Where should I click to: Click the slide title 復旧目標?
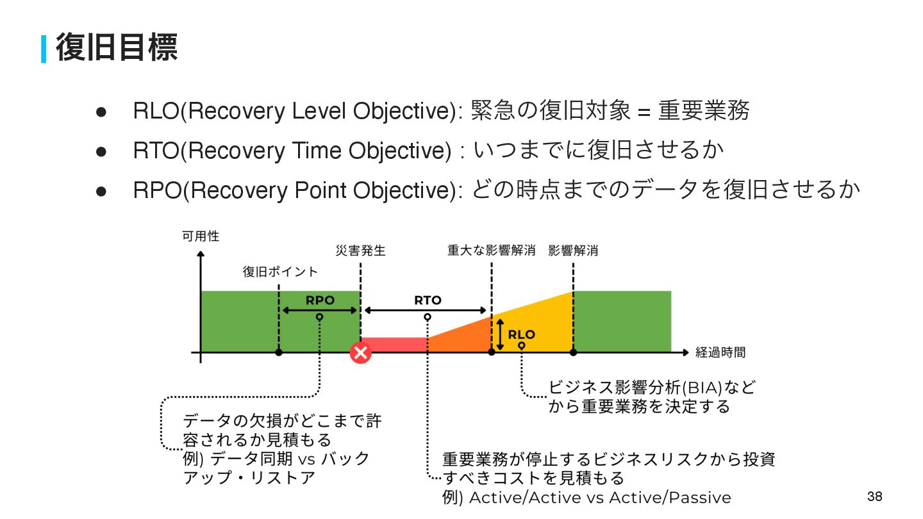[117, 48]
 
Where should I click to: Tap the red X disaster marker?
[361, 352]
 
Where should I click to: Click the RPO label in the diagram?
[320, 300]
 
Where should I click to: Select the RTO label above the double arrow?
[428, 300]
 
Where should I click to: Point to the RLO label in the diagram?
[521, 334]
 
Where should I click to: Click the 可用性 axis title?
[201, 236]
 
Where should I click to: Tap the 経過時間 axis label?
[720, 352]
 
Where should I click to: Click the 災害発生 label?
[361, 251]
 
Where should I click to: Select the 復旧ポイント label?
[280, 272]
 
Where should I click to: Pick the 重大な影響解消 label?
[491, 251]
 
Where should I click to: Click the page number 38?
[874, 497]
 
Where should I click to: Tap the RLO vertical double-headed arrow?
[500, 334]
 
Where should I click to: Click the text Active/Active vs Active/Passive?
[600, 498]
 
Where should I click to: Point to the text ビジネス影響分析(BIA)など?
[652, 388]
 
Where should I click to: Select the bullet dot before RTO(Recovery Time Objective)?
[101, 151]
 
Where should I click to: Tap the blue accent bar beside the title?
[44, 49]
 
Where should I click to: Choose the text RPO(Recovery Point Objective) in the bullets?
[296, 190]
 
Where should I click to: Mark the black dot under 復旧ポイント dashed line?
[279, 352]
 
